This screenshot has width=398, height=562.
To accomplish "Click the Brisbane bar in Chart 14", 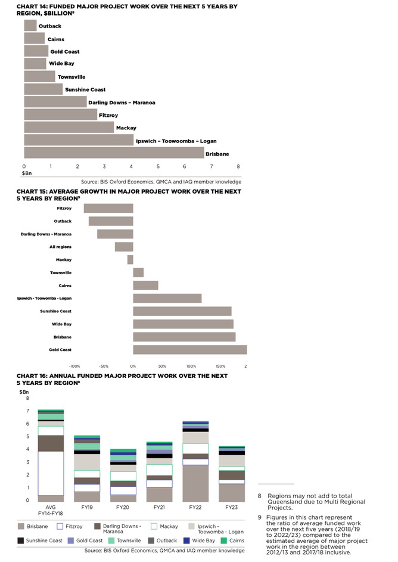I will pos(113,153).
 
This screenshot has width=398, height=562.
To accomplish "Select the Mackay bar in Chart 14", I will pos(69,128).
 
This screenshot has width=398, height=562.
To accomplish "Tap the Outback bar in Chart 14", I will pos(30,26).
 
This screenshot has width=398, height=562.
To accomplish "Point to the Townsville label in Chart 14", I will pos(71,77).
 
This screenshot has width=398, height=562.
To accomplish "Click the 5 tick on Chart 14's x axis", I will pos(158,167).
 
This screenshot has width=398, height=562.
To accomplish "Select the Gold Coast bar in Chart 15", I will pos(189,350).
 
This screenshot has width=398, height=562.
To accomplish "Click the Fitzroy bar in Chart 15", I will pos(108,209).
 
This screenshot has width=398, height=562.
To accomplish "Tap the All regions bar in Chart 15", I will pos(124,247).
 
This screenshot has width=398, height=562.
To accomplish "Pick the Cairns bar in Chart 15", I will pos(145,285).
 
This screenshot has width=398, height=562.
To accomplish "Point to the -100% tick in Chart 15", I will pos(74,366).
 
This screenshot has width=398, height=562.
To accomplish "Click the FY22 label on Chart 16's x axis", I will pos(195,507).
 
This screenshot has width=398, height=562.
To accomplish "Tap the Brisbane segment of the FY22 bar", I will pos(195,483).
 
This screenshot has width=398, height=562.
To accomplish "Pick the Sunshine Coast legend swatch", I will pos(21,541).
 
